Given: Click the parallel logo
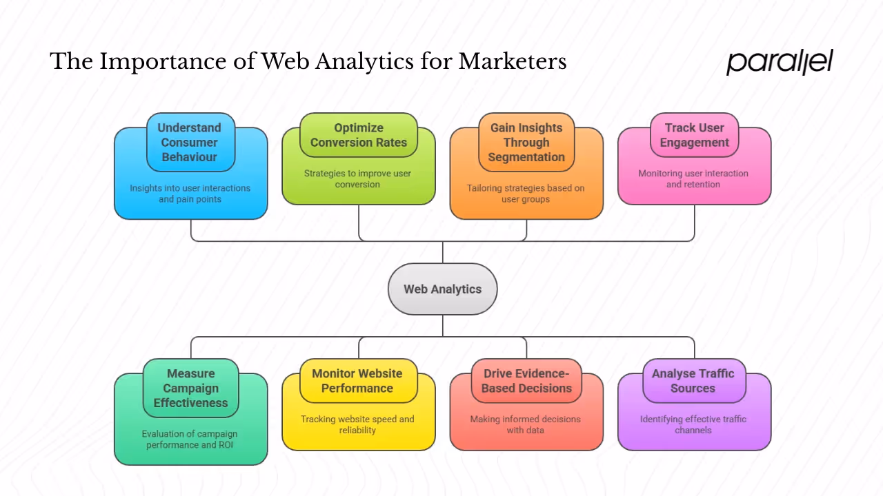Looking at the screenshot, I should click(x=780, y=62).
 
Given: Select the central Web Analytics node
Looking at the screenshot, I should click(x=442, y=289).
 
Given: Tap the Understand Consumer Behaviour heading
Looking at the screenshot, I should click(x=190, y=142).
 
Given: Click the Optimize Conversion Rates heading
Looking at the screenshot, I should click(x=359, y=135).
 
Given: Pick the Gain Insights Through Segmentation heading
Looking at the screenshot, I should click(x=526, y=142).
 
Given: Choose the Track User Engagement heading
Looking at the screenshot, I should click(x=694, y=135).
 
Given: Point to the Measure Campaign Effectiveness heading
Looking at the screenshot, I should click(x=190, y=388).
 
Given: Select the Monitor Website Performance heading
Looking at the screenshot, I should click(x=357, y=380).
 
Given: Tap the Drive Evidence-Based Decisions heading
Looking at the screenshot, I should click(x=526, y=380).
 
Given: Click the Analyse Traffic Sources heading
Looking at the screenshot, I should click(x=693, y=380).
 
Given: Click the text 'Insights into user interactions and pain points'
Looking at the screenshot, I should click(x=190, y=194).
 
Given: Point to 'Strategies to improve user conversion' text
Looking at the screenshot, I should click(x=357, y=179).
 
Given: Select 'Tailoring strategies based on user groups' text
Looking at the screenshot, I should click(x=526, y=194).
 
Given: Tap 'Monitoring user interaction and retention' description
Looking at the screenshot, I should click(x=693, y=179).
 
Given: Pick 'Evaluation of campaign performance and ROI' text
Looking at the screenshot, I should click(x=190, y=440).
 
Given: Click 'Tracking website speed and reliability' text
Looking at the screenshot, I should click(x=357, y=424).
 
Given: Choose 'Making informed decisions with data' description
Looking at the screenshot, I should click(x=526, y=424).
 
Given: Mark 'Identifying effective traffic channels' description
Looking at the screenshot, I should click(x=693, y=424).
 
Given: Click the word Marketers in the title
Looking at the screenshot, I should click(x=513, y=62).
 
